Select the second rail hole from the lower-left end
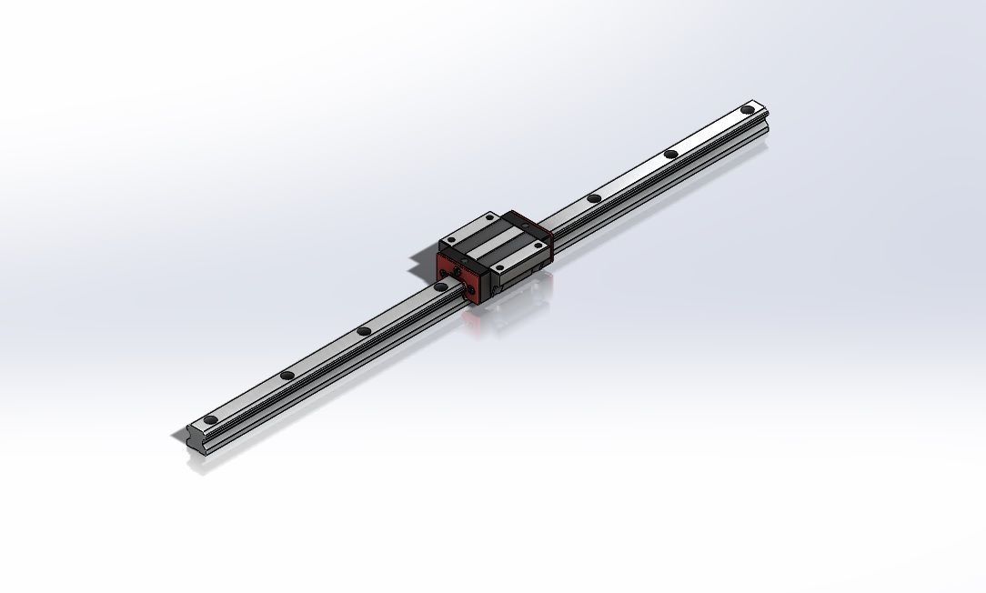[x=287, y=375]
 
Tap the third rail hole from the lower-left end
[x=363, y=331]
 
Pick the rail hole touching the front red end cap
[x=440, y=286]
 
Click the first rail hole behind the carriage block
[x=593, y=198]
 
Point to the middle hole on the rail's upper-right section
[x=670, y=154]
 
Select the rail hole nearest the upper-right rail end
[x=747, y=110]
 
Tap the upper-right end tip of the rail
[x=766, y=107]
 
